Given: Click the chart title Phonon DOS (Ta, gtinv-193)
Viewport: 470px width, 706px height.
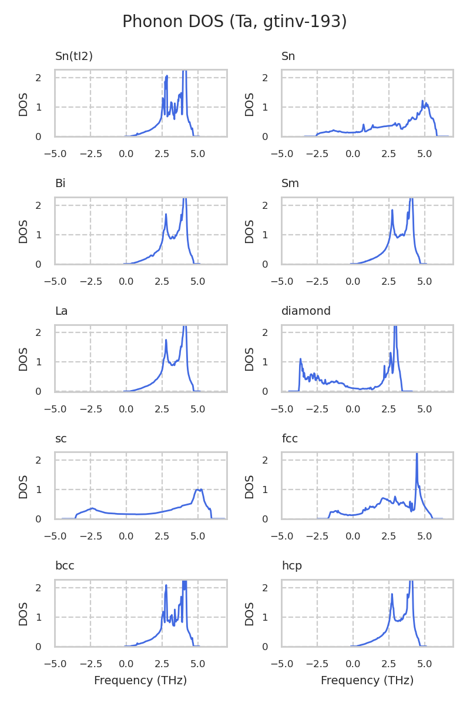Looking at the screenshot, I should pos(234,22).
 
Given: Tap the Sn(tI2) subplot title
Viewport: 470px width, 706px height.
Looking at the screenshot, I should pos(74,56).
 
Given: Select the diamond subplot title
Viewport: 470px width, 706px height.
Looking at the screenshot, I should pos(305,311).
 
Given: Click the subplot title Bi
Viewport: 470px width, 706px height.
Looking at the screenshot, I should pos(60,184).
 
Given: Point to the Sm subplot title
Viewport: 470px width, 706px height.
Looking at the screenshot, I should pos(290,184).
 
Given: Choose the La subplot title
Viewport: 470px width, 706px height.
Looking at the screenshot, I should pos(61,311).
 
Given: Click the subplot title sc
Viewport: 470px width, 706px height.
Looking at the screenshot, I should pos(61,439).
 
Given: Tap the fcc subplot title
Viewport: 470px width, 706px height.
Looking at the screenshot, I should pos(290,439).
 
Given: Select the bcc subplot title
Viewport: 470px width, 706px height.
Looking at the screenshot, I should pos(65,566).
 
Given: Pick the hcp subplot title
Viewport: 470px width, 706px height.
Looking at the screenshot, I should pos(291,566).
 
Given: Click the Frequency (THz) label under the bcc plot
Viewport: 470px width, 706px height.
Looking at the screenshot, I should pos(140,681).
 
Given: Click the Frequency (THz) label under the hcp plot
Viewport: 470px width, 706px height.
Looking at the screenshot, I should pos(367,681).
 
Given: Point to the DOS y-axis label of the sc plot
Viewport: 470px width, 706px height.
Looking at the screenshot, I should pos(23,486).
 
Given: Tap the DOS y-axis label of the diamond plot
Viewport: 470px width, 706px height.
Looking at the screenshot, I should pos(250,358).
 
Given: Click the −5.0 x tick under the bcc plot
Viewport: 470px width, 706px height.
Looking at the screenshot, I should pos(55,664).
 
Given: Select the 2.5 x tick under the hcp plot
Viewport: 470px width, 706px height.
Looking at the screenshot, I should pos(389,664).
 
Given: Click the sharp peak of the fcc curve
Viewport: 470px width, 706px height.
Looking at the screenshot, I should pos(417,455).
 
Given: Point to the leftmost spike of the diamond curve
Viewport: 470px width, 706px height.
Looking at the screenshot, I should pos(300,359).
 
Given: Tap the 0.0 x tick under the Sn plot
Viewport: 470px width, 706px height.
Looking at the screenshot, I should pos(352,154).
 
